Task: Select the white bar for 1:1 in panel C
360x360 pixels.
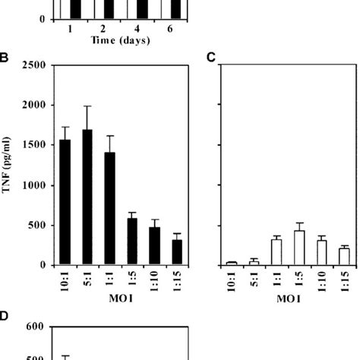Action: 277,252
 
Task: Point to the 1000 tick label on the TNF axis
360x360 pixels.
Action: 35,185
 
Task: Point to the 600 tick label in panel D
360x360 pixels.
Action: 38,327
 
